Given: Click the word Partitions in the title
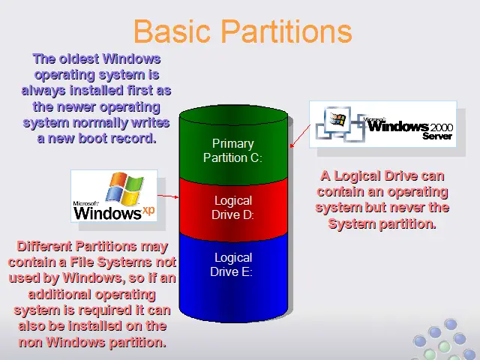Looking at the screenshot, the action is tap(286, 31).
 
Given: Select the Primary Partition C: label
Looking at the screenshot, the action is tap(233, 151).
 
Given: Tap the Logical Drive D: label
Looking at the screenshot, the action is tap(233, 208).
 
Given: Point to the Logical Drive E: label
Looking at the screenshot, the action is tap(232, 265).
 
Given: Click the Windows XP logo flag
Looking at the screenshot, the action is tap(125, 188).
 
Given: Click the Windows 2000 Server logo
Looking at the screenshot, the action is tap(383, 124).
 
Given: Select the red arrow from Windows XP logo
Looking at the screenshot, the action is tap(168, 196).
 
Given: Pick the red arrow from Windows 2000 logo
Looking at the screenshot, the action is tap(300, 136).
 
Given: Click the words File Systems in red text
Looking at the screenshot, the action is tap(111, 262).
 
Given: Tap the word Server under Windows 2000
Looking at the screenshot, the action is tap(437, 136).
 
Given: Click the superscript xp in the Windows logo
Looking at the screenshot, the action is tap(148, 211).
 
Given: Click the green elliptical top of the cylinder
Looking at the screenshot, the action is tap(233, 115).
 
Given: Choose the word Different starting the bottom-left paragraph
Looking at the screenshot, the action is tap(44, 246).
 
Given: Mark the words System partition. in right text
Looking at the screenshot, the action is tap(382, 223).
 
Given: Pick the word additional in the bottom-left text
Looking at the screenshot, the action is tap(59, 294).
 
